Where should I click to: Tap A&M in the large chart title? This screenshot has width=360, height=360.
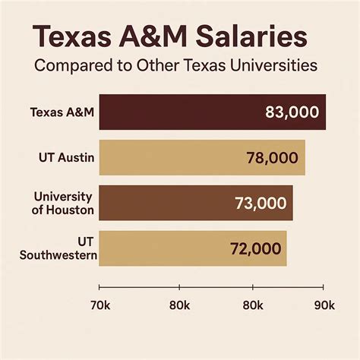(148, 38)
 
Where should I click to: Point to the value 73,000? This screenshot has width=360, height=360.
(259, 203)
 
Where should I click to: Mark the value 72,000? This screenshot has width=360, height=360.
(255, 248)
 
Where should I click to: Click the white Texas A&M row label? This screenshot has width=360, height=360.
(62, 112)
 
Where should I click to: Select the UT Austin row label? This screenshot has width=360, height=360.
(66, 158)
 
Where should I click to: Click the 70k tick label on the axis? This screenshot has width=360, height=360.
(100, 305)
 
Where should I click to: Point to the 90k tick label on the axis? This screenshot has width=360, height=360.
(324, 305)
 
